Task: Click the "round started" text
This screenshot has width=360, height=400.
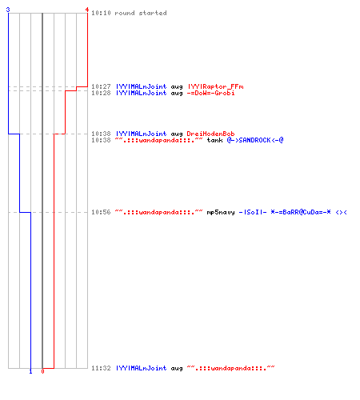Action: (141, 13)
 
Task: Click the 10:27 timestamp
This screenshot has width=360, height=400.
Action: (101, 86)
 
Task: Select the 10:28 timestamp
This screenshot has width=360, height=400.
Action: (101, 93)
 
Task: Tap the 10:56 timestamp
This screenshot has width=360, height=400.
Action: (101, 212)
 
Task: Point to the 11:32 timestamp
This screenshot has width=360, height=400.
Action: (101, 368)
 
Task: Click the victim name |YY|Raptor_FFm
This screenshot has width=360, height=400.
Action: (215, 86)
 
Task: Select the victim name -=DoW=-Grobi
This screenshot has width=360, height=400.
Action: (210, 93)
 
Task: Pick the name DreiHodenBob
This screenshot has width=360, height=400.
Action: (210, 134)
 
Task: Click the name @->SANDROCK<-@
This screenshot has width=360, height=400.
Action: (255, 140)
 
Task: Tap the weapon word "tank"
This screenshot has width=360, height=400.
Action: (214, 140)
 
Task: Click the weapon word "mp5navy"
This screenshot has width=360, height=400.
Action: (221, 212)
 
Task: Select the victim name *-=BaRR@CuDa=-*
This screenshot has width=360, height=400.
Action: (301, 212)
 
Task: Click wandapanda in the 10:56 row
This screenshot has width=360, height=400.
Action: (158, 212)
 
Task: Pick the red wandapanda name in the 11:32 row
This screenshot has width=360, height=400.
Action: (230, 368)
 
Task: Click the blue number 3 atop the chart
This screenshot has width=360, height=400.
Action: (8, 10)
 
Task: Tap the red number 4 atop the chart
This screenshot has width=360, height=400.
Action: (87, 10)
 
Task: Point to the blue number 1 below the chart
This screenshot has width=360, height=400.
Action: (30, 371)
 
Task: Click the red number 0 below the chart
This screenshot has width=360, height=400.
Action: (42, 371)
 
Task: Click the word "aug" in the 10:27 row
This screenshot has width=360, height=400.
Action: (177, 87)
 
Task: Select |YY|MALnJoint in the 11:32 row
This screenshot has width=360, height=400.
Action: (141, 368)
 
